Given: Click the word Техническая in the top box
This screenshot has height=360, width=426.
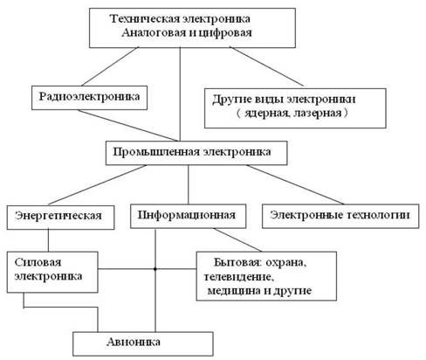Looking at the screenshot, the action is click(145, 19).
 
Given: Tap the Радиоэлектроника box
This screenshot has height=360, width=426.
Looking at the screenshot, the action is click(89, 98).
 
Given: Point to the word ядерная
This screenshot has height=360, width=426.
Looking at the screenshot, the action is click(267, 113).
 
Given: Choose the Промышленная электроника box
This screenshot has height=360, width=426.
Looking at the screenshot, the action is click(196, 153).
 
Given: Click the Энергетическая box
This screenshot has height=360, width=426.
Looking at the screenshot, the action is click(60, 218).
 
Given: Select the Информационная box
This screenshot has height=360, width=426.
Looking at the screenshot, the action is click(188, 216).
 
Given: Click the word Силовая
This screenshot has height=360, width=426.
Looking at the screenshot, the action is click(38, 262).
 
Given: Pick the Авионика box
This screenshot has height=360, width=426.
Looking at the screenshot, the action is click(143, 343).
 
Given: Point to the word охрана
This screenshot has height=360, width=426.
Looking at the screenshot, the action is click(286, 263).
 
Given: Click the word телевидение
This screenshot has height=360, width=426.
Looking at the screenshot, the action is click(238, 277).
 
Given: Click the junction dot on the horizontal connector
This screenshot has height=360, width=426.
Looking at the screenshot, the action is click(155, 269).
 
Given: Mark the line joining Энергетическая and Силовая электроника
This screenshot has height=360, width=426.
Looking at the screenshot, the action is click(48, 240).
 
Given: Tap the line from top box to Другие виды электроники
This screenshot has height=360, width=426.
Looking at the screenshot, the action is click(267, 66).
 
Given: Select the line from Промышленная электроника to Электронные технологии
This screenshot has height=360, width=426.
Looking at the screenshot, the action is click(295, 184).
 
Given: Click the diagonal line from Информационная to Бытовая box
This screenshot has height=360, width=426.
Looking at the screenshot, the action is click(237, 239).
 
